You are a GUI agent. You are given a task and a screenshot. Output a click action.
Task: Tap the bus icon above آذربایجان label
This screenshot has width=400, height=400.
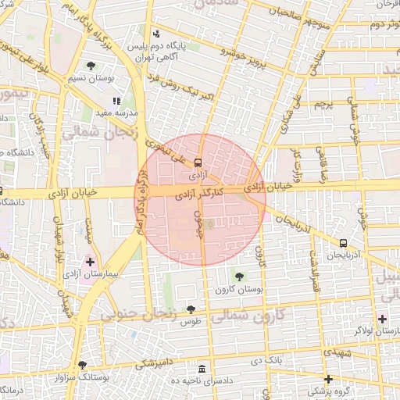(x=344, y=243)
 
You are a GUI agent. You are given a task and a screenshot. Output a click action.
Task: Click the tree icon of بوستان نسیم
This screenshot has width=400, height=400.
(x=91, y=66)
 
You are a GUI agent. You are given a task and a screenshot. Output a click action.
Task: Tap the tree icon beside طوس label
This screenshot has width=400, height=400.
(x=191, y=310)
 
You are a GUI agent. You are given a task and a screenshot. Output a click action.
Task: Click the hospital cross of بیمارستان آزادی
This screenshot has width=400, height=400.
(x=90, y=261)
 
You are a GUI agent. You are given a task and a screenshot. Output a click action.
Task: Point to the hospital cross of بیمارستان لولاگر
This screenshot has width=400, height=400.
(x=381, y=318)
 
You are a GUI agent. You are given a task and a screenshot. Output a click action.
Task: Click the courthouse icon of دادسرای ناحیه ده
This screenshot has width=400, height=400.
(x=202, y=368)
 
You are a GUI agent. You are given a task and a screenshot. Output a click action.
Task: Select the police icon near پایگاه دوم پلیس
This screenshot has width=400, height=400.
(x=157, y=34)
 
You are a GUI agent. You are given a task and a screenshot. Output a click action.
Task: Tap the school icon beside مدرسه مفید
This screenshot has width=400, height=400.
(x=117, y=101)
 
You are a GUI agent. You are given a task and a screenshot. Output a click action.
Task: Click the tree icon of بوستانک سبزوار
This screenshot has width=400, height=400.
(x=82, y=365)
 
